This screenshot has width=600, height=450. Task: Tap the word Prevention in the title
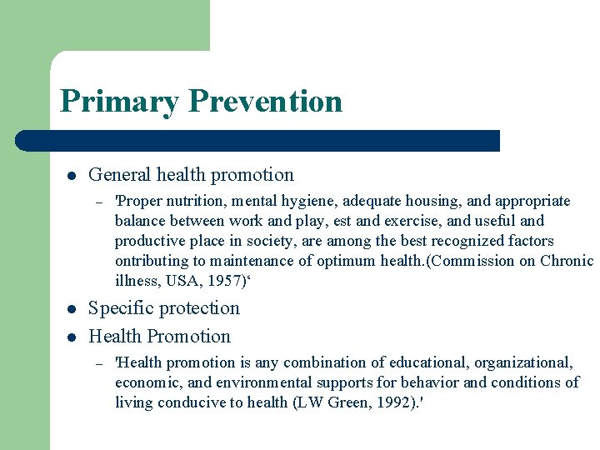(265, 102)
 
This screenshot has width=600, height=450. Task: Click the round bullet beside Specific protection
(72, 309)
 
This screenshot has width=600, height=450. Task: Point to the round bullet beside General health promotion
(72, 176)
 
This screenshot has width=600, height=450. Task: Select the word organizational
(524, 362)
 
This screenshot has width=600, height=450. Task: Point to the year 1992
(386, 402)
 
